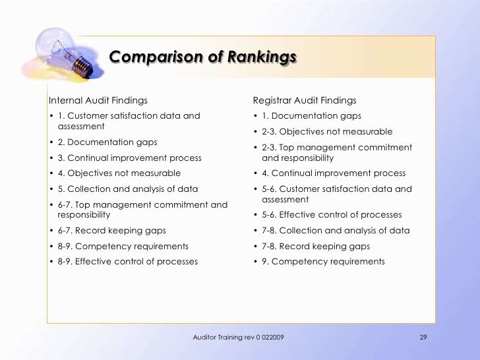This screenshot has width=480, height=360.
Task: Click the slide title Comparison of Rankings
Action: tap(202, 57)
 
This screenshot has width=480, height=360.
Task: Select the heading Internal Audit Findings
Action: tap(98, 100)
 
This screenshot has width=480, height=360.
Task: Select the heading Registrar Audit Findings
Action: tap(305, 100)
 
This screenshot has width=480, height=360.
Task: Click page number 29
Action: tap(424, 338)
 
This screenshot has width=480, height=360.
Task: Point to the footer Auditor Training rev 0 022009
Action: tap(239, 338)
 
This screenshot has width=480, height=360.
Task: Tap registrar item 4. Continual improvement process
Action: tap(334, 173)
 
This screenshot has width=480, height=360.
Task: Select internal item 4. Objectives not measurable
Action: tap(119, 173)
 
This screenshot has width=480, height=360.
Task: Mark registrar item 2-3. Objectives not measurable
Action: tap(327, 131)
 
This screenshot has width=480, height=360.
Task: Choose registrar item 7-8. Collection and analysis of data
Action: tap(336, 230)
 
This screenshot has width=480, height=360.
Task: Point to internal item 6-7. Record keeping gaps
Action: tap(112, 230)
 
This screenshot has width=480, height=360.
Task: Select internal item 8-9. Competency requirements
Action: tap(123, 246)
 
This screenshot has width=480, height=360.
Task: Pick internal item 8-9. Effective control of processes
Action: tap(128, 261)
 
